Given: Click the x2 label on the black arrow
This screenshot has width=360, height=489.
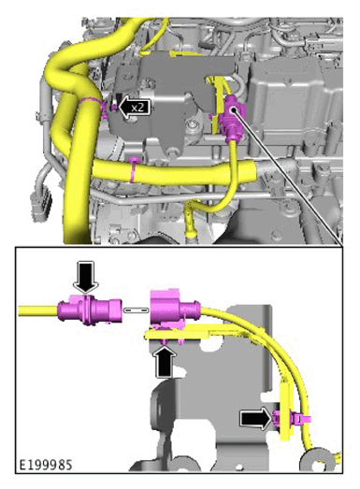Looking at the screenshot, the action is pos(137,108).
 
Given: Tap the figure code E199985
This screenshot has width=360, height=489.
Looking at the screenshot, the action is pos(46,465).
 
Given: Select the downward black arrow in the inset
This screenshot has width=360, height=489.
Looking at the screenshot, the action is pos(85,277).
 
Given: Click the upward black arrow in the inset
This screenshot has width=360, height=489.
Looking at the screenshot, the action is pos(166,362).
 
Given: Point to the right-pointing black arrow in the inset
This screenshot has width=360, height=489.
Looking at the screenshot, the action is pos(256,418).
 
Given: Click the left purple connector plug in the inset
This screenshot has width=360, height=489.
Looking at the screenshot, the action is pos(90,309).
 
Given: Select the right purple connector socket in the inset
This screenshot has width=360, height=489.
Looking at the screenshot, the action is pos(174,309).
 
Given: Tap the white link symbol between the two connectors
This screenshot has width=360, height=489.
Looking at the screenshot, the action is pos(136,310).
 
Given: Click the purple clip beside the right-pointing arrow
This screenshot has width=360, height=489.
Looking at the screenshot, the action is pos(290,419).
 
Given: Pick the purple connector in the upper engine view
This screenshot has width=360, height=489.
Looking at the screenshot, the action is pos(233,118).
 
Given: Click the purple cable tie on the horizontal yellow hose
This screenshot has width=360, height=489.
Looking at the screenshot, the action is pos(134,169).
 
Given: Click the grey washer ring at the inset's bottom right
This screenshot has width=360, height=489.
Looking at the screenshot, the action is pos(314,460).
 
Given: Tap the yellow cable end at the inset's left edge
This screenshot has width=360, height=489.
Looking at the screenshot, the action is pos(37,311).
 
